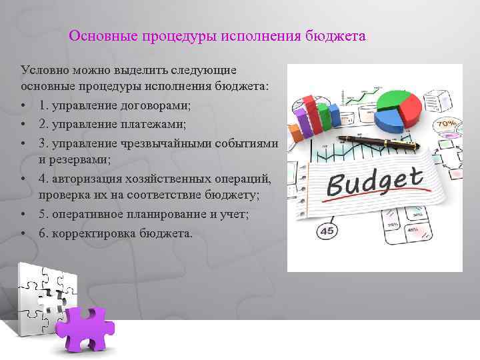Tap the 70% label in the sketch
445,123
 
